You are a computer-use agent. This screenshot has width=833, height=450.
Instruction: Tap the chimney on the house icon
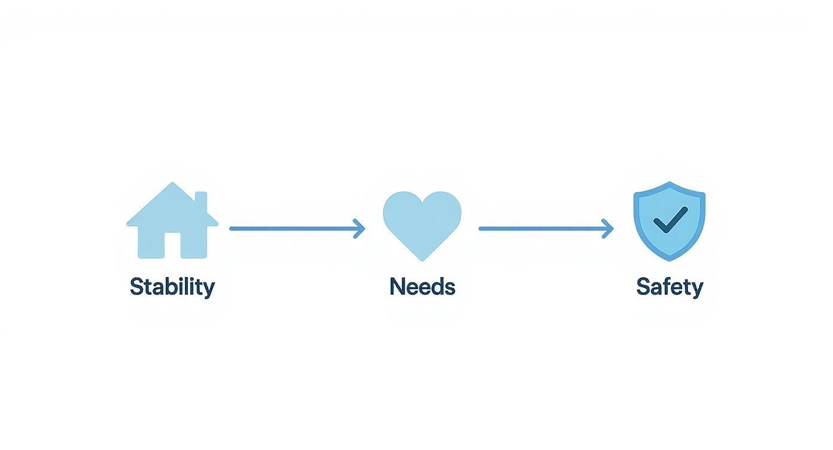tap(201, 202)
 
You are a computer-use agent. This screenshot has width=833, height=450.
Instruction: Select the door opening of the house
tap(172, 245)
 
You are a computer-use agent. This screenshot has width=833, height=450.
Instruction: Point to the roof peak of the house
tap(172, 184)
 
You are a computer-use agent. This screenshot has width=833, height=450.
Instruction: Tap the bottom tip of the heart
tap(422, 259)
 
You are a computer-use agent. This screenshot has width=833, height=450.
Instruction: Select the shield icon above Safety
tap(669, 220)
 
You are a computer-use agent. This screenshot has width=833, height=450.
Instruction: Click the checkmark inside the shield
tap(670, 220)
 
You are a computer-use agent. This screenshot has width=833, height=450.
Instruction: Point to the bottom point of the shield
tap(669, 259)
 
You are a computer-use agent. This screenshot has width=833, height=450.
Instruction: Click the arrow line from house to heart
tap(293, 229)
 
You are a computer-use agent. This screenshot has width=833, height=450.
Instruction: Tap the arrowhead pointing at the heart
tap(360, 229)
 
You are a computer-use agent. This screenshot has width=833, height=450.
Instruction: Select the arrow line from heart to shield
tap(542, 229)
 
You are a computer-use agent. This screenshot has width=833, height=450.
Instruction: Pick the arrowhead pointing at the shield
tap(609, 229)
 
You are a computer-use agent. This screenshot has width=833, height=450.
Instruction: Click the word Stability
tap(172, 287)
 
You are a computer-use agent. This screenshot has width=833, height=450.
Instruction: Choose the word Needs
tap(422, 287)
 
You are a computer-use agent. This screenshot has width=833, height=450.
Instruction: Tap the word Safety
tap(669, 287)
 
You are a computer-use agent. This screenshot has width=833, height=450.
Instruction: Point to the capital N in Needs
tap(397, 287)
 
